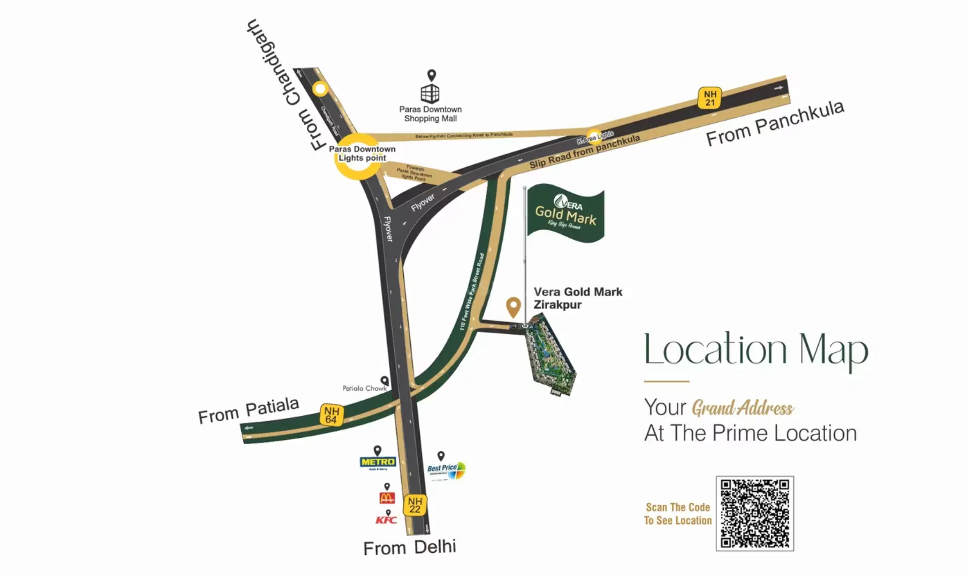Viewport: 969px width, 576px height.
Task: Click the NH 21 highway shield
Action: (710, 98)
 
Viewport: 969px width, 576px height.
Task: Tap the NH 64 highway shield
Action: (331, 415)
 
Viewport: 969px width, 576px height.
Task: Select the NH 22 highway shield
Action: (415, 505)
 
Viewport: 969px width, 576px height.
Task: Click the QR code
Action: (755, 513)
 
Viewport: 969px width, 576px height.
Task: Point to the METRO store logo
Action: (378, 462)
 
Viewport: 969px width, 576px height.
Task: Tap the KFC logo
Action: (386, 520)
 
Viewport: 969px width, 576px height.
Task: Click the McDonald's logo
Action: (387, 498)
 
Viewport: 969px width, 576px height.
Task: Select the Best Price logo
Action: (446, 469)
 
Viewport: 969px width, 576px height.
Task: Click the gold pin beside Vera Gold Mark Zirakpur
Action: (513, 306)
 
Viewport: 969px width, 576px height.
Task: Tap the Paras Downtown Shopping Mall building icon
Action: (430, 93)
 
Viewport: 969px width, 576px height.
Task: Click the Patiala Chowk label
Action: (364, 388)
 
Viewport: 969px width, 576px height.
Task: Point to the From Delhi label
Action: (409, 547)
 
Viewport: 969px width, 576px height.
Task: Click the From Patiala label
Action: (248, 410)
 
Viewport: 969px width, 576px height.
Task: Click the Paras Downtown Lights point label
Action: (362, 153)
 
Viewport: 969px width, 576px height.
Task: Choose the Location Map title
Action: (756, 350)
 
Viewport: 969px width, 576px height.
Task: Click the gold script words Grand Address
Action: (742, 408)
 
